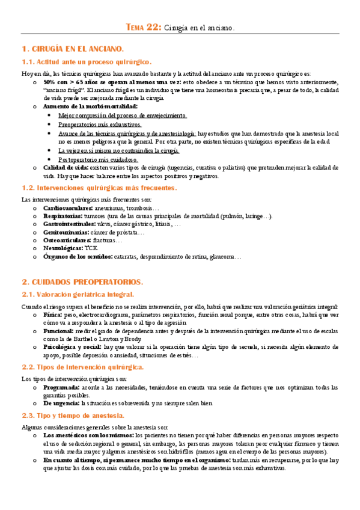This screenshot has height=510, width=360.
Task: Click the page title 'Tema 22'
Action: click(x=142, y=26)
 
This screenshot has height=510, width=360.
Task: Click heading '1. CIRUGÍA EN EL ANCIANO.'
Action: click(x=73, y=48)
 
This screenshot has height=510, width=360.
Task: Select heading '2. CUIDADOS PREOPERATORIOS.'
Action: click(x=82, y=281)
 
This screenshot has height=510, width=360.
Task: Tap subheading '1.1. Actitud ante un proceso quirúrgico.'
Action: click(x=87, y=62)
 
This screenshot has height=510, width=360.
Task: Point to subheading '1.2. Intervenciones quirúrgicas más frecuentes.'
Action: click(x=99, y=188)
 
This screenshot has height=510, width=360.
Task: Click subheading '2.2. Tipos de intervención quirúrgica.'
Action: click(x=82, y=367)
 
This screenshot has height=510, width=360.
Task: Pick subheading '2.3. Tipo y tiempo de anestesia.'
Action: click(x=73, y=416)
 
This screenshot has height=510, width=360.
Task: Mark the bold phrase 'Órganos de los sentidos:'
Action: click(x=78, y=256)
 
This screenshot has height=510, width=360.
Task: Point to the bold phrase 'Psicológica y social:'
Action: click(x=72, y=347)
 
